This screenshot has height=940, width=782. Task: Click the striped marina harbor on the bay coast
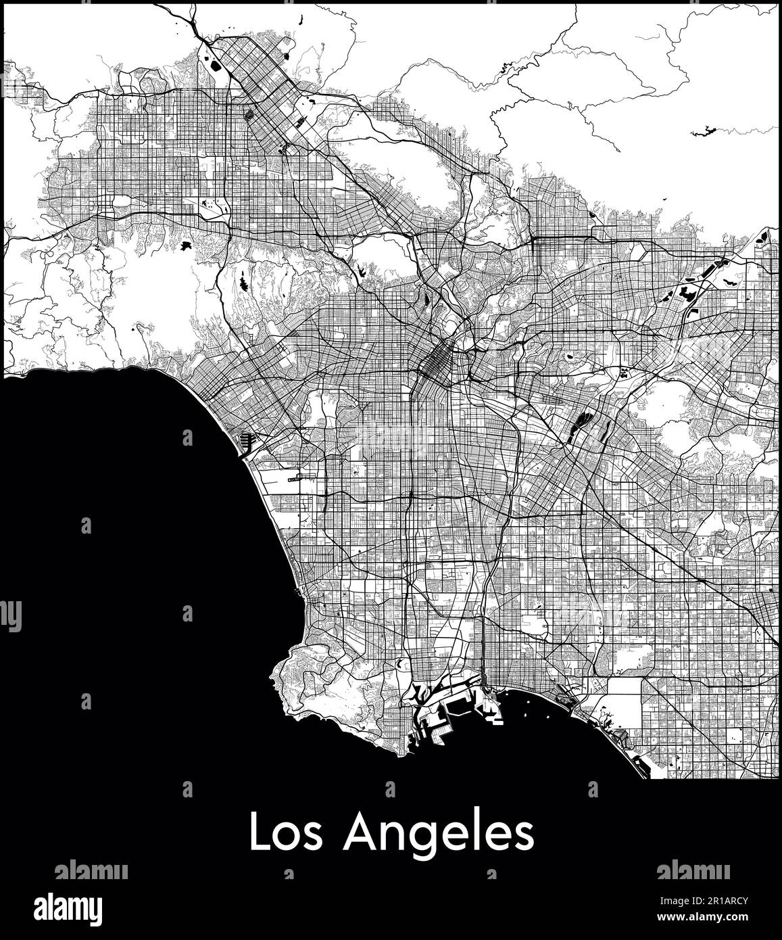[244, 442]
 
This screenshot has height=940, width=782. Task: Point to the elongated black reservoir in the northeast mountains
[704, 130]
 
